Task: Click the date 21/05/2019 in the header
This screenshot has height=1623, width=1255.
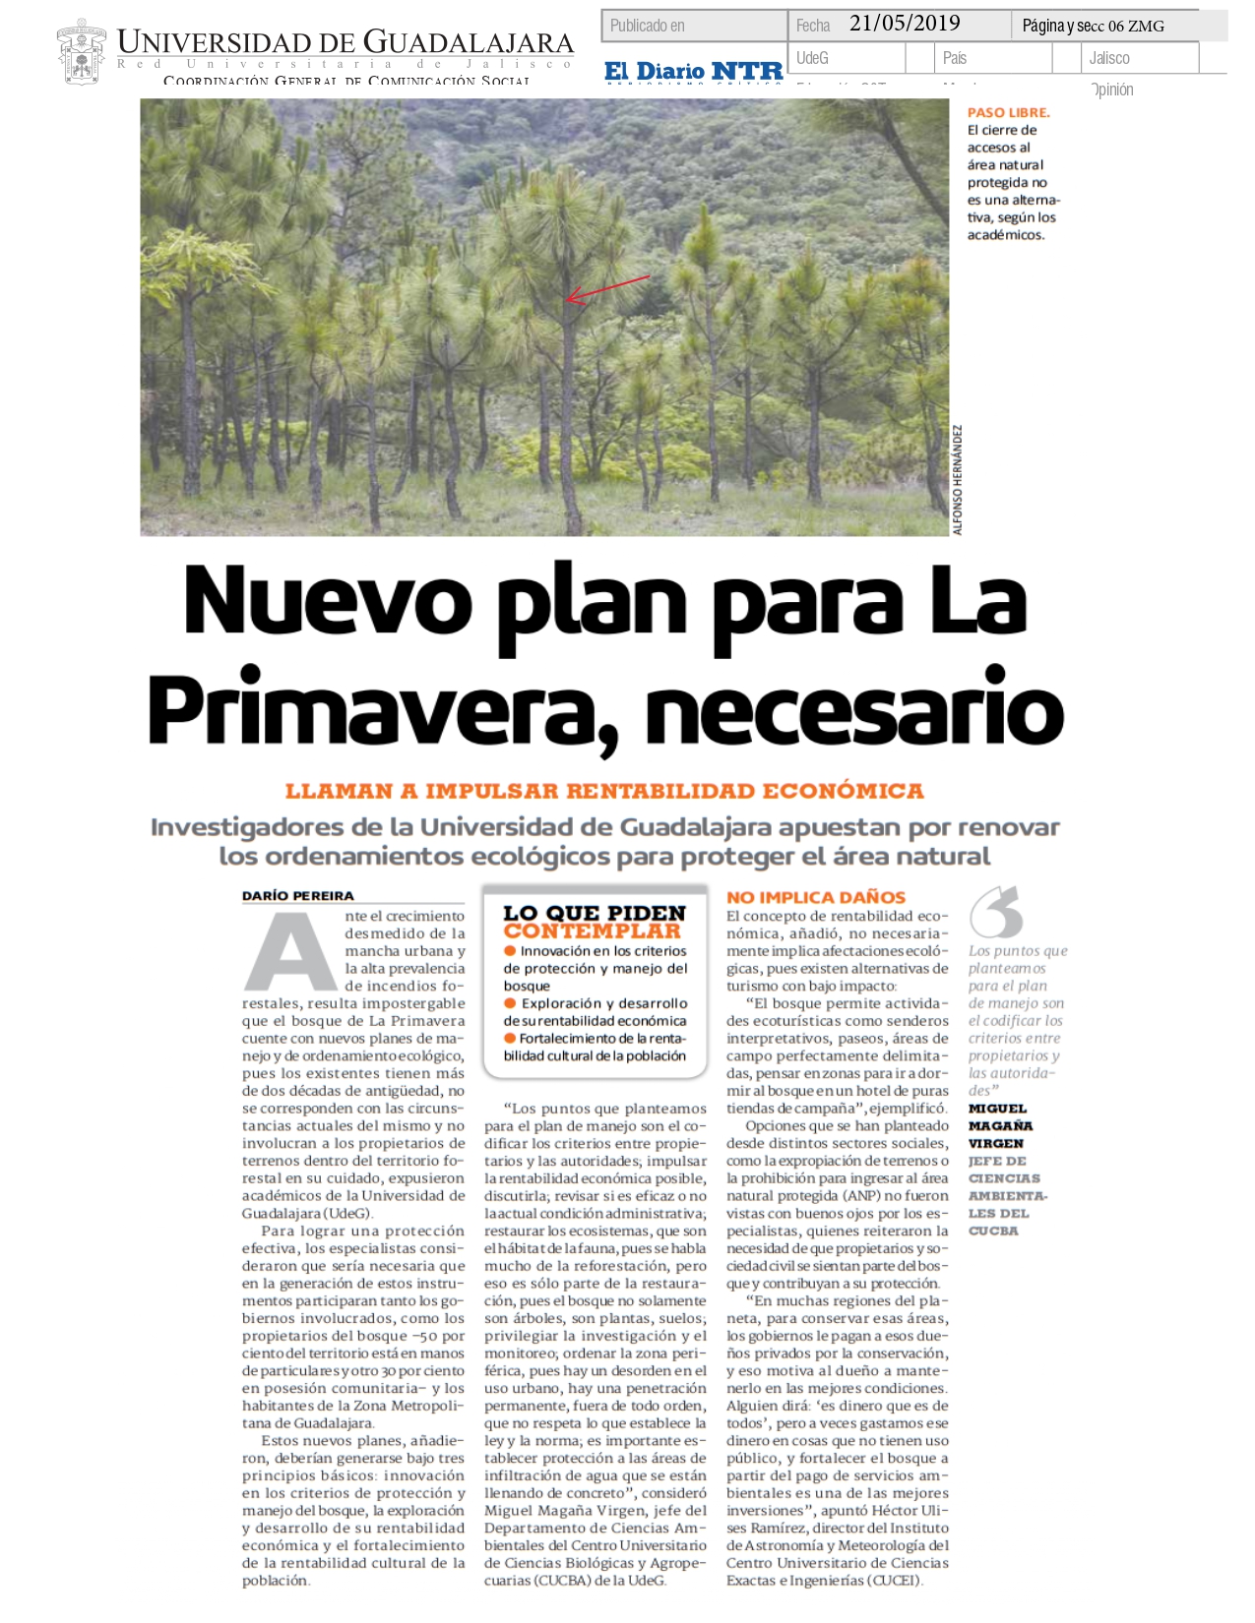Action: click(904, 25)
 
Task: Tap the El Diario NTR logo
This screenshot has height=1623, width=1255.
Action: click(693, 71)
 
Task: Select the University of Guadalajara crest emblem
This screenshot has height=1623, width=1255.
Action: click(82, 52)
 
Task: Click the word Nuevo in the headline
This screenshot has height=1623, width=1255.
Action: click(328, 601)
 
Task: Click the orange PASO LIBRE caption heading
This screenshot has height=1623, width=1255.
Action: click(1008, 113)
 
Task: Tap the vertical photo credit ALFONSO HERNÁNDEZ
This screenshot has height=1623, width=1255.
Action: click(958, 480)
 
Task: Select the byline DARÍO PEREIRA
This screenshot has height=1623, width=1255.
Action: click(298, 896)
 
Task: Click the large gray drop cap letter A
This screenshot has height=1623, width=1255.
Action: click(289, 952)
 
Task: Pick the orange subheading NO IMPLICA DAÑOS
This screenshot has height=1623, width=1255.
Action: click(816, 897)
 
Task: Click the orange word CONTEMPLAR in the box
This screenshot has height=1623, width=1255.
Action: click(592, 932)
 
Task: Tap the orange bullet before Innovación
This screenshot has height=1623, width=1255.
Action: click(510, 951)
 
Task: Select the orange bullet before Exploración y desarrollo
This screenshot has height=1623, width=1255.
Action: click(510, 1003)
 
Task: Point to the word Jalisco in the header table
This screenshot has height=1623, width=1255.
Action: click(1109, 58)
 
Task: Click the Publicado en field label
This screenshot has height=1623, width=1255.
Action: click(647, 26)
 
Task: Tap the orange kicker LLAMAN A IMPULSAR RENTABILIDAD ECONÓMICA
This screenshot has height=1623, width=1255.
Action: click(604, 791)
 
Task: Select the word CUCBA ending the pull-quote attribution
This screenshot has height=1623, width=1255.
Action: click(993, 1231)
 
